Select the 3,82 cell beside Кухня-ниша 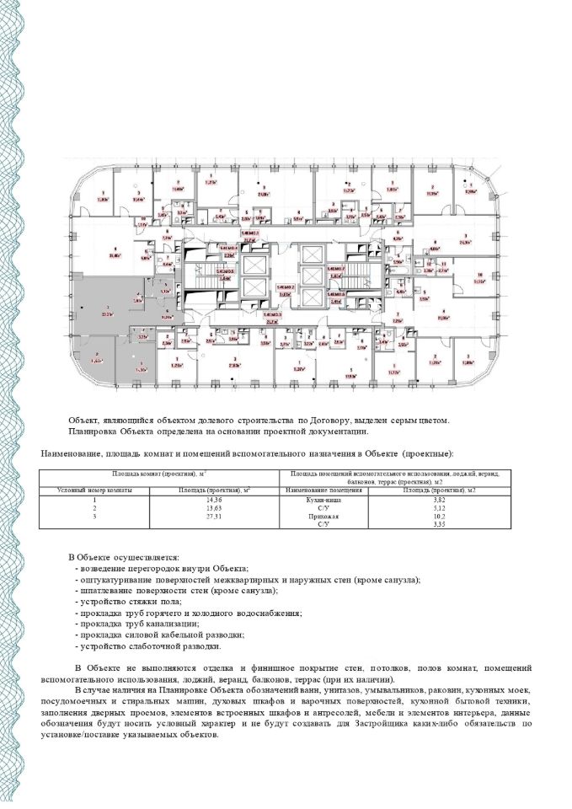(440, 501)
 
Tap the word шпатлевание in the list (109, 592)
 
